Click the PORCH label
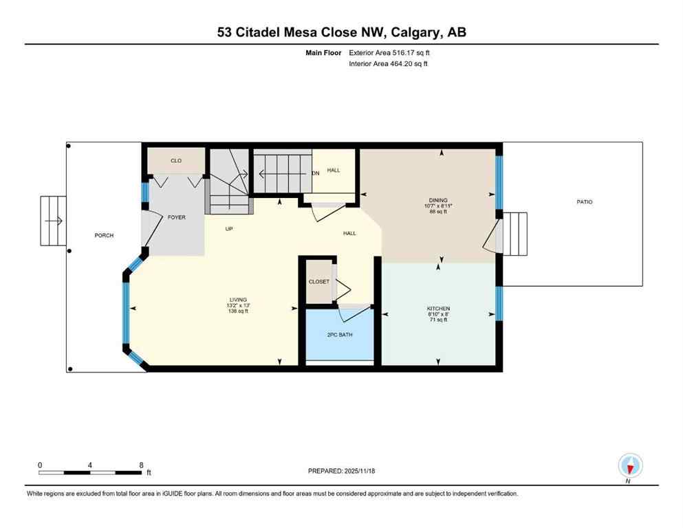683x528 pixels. point(104,236)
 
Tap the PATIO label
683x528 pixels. point(585,202)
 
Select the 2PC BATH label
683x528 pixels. point(339,335)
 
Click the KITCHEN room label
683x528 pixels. point(438,309)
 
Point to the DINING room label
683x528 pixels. point(438,200)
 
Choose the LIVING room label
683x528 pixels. point(239,299)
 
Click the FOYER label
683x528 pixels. point(177,217)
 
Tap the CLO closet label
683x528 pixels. point(176,161)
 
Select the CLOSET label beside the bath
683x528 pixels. point(318,281)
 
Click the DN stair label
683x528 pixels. point(316,173)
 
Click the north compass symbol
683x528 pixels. point(630,465)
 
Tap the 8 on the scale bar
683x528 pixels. point(141,465)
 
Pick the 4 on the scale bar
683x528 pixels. point(90,465)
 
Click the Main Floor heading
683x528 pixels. point(323,52)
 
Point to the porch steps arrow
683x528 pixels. point(54,221)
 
